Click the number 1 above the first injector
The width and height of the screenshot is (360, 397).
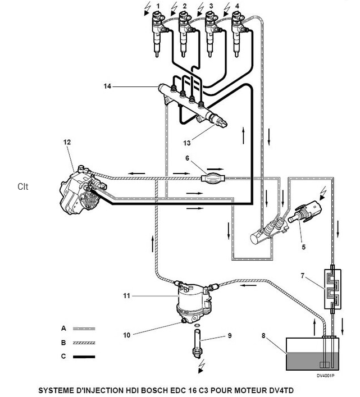pyautogui.click(x=158, y=6)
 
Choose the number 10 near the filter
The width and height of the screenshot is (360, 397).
pyautogui.click(x=127, y=335)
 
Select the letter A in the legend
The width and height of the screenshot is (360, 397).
pyautogui.click(x=63, y=327)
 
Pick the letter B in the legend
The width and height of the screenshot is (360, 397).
pyautogui.click(x=63, y=341)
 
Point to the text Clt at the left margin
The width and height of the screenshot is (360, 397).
pyautogui.click(x=23, y=185)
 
